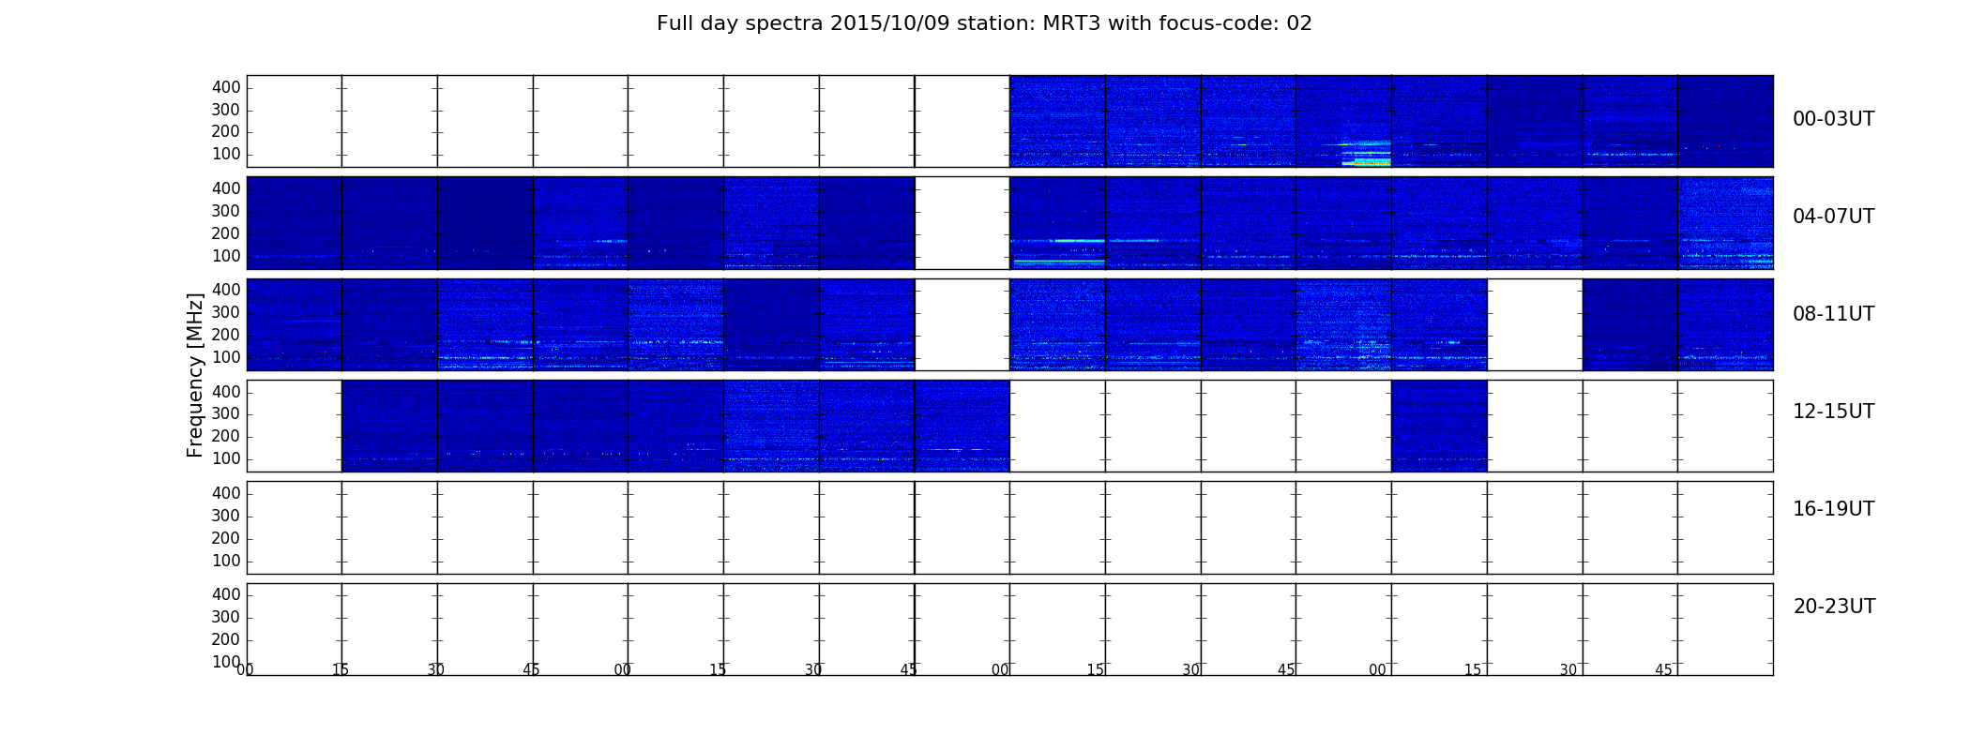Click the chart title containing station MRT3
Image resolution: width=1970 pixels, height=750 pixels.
click(x=984, y=23)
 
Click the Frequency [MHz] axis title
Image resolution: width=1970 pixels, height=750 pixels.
click(x=195, y=375)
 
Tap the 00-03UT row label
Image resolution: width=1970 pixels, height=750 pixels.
click(x=1833, y=119)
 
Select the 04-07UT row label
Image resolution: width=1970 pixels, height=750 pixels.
click(x=1833, y=217)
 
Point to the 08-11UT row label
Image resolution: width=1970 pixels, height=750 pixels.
click(x=1833, y=314)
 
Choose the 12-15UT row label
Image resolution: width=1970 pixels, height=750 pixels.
click(x=1833, y=412)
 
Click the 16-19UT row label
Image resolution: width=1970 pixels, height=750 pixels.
click(x=1833, y=509)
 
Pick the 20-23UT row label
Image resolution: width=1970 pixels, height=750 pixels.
click(x=1834, y=607)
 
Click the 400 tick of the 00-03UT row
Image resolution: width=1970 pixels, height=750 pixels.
click(x=226, y=87)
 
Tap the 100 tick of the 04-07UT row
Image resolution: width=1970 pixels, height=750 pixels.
click(x=226, y=256)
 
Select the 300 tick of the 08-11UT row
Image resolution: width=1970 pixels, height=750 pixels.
click(x=226, y=312)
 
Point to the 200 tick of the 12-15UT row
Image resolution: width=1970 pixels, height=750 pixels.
click(x=226, y=436)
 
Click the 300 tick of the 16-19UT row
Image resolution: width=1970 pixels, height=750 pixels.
click(x=226, y=516)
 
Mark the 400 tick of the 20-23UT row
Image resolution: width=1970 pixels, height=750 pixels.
click(x=226, y=594)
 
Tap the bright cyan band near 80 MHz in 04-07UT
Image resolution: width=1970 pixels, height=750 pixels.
click(x=1057, y=262)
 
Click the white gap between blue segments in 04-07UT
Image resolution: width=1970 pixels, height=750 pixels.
click(x=962, y=223)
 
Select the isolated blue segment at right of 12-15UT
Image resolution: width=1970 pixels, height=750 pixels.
click(x=1439, y=426)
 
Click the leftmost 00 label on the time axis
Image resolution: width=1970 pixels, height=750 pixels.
click(x=245, y=669)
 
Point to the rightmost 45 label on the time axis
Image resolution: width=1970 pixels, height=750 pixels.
click(x=1663, y=669)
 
